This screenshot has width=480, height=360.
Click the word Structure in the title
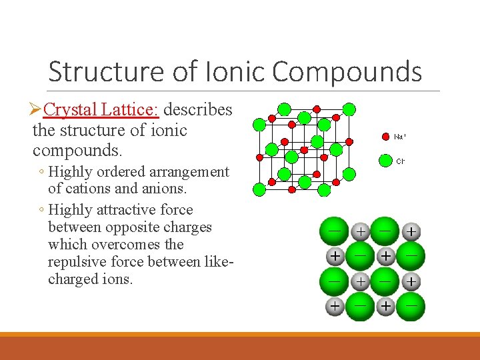[97, 71]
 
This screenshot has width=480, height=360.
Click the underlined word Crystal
[77, 109]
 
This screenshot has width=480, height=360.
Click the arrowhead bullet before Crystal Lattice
[37, 109]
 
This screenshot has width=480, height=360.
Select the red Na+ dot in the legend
[385, 137]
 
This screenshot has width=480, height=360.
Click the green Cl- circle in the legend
[385, 161]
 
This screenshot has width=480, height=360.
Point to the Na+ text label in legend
[400, 137]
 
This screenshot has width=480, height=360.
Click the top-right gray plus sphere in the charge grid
[412, 232]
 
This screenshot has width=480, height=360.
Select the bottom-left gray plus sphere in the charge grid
[334, 306]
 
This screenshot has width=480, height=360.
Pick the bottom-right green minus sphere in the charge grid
[411, 307]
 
